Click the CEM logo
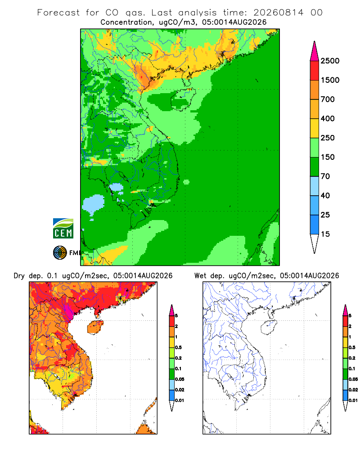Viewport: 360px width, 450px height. point(63,229)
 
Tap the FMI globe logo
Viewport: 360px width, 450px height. point(60,253)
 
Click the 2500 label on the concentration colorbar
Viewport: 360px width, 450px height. point(330,61)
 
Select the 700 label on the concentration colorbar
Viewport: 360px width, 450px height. point(328,99)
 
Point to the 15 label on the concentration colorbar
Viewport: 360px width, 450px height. point(325,234)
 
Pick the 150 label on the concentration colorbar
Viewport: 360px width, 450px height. point(328,157)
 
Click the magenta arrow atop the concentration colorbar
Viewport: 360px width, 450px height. point(315,51)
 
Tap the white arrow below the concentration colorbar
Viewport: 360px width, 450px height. point(315,243)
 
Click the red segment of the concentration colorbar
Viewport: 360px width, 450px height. point(315,71)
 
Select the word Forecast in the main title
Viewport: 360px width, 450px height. point(58,13)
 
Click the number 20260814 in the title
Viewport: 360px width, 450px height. point(278,13)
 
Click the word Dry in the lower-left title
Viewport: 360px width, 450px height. point(19,276)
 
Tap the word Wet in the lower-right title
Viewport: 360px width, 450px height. point(200,276)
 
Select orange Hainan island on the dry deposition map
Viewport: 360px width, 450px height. point(95,327)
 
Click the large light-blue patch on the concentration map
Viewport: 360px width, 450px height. point(93,204)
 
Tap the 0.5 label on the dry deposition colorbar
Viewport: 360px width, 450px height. point(178,347)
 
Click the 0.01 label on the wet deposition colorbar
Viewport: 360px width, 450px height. point(353,400)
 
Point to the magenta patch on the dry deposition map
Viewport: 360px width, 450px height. point(69,311)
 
